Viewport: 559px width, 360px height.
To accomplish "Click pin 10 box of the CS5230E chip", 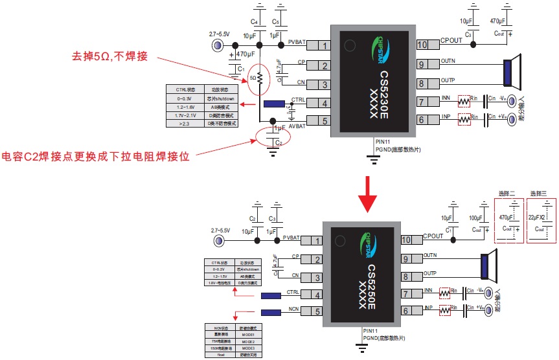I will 422,45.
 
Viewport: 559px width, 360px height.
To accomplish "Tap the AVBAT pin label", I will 297,126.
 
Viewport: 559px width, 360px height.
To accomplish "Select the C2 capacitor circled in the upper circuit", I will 273,137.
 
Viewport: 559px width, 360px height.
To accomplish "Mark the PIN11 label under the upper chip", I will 383,141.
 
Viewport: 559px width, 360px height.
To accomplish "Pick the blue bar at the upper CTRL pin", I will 276,104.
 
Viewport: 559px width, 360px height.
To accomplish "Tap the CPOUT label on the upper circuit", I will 451,40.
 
